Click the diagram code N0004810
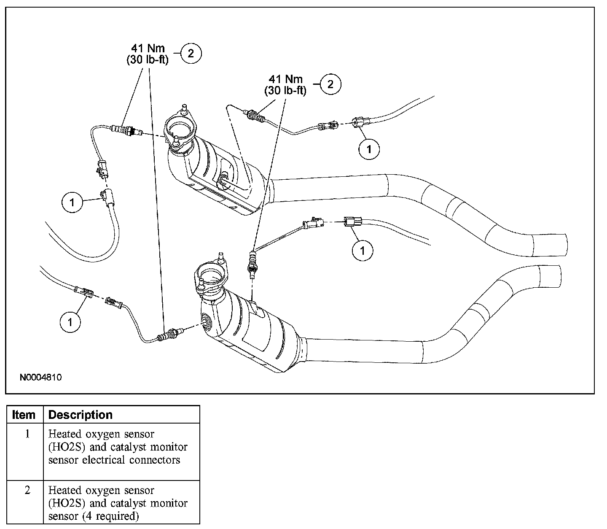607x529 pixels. (x=41, y=377)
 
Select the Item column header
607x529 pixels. (x=24, y=415)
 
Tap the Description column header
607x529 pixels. (x=81, y=415)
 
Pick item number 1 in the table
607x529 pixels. (x=27, y=434)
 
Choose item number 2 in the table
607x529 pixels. (x=27, y=490)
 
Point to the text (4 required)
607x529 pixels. (x=111, y=516)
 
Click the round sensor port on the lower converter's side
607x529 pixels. (x=207, y=322)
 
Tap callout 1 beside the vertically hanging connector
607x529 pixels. (x=72, y=202)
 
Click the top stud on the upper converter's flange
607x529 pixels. (x=184, y=108)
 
